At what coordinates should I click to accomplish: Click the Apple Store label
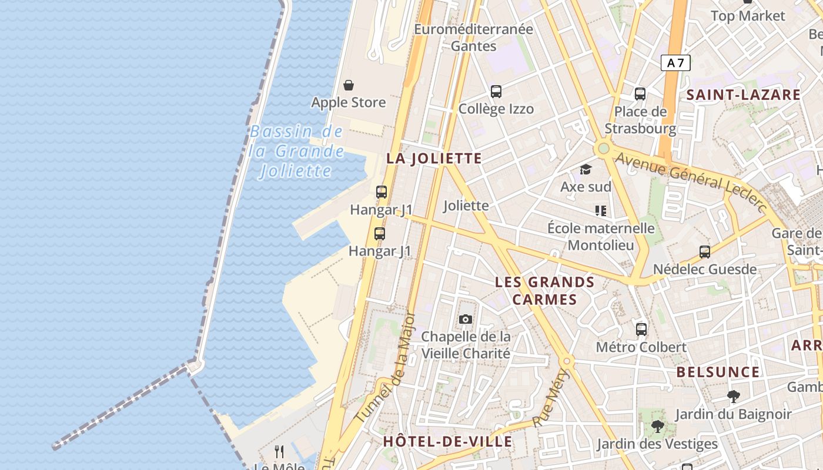[349, 103]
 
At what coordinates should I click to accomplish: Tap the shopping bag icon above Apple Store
[349, 86]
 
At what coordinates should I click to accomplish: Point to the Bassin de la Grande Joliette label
[296, 151]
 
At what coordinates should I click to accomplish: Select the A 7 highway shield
[675, 63]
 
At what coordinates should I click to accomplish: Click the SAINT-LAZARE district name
[743, 95]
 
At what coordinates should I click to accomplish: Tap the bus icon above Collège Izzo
[496, 92]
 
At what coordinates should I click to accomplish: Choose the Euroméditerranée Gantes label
[473, 38]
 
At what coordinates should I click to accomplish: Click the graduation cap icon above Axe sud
[586, 170]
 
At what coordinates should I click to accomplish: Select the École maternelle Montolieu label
[601, 236]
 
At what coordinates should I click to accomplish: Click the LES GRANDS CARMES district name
[544, 291]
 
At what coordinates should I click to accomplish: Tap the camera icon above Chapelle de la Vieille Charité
[466, 320]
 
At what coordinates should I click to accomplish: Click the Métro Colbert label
[641, 347]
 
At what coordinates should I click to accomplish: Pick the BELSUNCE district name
[718, 372]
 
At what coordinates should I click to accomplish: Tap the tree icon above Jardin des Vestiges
[657, 427]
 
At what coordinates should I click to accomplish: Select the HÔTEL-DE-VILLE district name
[447, 442]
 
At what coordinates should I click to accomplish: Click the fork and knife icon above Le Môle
[279, 452]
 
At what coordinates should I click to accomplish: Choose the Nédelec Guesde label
[705, 270]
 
